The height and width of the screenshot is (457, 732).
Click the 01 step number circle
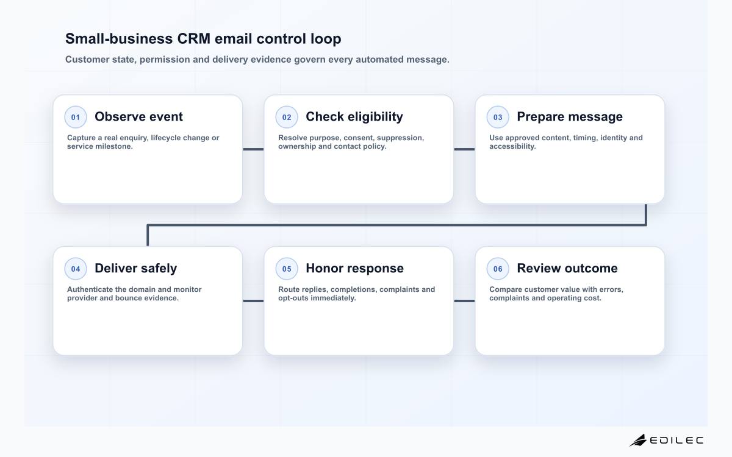coord(76,117)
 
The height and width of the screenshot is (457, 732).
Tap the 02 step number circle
coord(287,117)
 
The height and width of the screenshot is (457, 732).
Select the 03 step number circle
coord(498,117)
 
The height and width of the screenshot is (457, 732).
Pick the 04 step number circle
coord(76,269)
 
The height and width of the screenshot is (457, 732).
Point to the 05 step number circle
coord(287,269)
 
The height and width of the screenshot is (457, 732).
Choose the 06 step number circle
coord(498,269)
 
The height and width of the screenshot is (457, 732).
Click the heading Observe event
coord(138,116)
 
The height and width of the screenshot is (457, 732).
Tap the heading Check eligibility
coord(354,116)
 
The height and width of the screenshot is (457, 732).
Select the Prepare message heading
coord(570,116)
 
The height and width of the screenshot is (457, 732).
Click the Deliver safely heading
coord(135,268)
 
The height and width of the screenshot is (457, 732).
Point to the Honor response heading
coord(354,268)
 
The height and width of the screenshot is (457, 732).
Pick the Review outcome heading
coord(567,268)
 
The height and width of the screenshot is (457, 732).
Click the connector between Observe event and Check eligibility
coord(253,149)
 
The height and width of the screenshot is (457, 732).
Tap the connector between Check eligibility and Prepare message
coord(464,149)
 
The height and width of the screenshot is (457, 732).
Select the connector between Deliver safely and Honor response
coord(253,301)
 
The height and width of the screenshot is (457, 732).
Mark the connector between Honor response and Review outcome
coord(464,301)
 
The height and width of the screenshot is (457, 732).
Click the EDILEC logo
coord(666,441)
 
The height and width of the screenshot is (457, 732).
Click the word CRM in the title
coord(194,39)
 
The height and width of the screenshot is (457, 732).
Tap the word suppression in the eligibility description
coord(400,138)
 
